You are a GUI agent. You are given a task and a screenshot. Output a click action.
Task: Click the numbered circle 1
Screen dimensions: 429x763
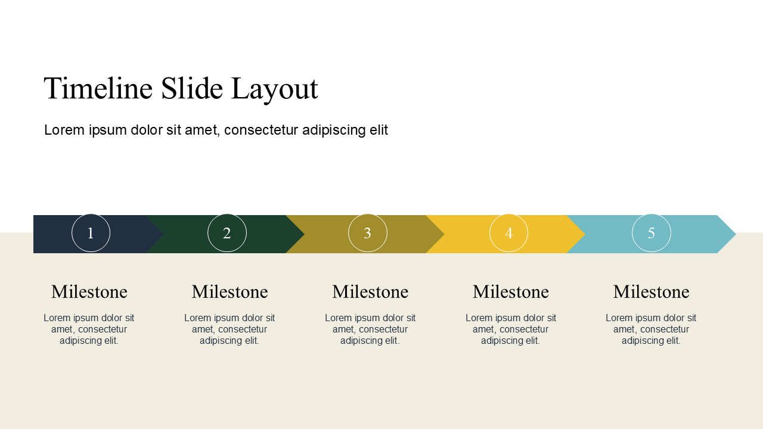[91, 233]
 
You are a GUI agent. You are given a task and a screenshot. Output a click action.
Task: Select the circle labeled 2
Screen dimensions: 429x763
[227, 233]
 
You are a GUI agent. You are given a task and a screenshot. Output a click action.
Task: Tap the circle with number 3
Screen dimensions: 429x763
[368, 233]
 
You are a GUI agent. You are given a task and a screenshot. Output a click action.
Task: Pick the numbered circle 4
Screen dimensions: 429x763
[508, 233]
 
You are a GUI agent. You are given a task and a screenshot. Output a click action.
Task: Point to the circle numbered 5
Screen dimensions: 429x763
[652, 233]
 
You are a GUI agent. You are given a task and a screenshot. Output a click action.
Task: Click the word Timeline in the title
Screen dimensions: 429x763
[98, 88]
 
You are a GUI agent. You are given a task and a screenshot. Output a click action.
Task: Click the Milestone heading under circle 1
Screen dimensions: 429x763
[89, 292]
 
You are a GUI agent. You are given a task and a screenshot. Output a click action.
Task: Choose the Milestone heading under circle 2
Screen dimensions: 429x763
[229, 292]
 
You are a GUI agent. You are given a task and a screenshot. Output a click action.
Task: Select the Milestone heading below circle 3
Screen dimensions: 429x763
[370, 292]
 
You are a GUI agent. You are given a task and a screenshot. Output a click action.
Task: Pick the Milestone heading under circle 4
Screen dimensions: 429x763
[511, 292]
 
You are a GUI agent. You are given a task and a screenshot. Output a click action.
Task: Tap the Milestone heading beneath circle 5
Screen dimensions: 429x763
[651, 292]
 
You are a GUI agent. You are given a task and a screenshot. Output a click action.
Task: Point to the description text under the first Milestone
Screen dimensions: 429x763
[89, 329]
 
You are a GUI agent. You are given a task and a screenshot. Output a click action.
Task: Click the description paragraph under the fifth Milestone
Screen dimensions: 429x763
[651, 329]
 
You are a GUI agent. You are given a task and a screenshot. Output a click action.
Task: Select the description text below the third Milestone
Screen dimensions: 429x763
[370, 329]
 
